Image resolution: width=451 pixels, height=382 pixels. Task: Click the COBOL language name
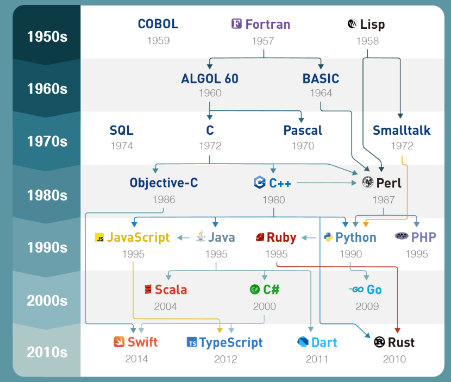(158, 24)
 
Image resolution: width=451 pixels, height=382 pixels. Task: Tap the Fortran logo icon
(236, 24)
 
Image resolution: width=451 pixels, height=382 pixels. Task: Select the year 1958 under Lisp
(367, 41)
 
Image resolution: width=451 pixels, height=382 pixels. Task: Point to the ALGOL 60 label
(210, 78)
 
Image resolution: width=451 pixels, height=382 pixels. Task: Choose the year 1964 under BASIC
(321, 93)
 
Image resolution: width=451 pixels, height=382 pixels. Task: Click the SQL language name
(121, 130)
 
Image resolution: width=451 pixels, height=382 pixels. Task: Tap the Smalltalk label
(402, 130)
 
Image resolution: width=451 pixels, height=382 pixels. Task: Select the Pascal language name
(303, 130)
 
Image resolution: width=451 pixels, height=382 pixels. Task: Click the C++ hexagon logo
(259, 183)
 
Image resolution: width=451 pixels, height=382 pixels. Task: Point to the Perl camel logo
(368, 183)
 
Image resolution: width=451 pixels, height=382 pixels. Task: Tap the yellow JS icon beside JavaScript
(99, 238)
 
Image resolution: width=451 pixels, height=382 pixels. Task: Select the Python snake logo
(328, 237)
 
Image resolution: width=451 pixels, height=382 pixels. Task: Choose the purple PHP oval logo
(402, 236)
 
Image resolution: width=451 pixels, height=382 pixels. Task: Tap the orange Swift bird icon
(119, 342)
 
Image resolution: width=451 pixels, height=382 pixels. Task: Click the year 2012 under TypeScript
(225, 359)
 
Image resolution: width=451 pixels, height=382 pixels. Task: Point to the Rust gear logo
(380, 342)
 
